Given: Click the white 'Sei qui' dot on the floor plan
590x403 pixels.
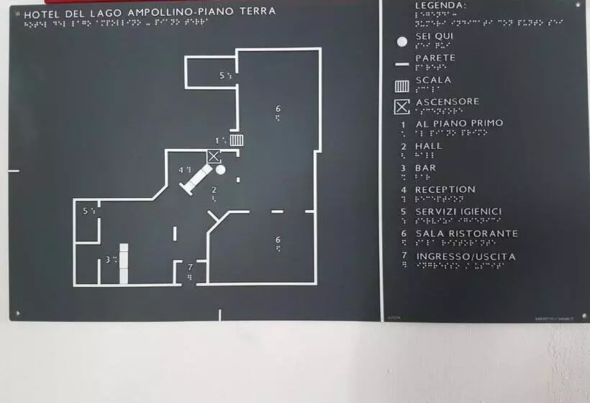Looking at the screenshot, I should tap(221, 170).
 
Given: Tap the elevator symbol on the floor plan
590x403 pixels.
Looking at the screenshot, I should tap(214, 156).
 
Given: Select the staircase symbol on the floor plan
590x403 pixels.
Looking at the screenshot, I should tap(237, 140).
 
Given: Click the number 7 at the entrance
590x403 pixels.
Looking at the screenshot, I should tap(190, 268).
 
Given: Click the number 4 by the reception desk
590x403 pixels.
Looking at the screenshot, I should tap(181, 170).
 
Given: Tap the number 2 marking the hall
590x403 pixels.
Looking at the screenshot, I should tap(214, 190).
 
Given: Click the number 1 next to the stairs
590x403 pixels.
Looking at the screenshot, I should tap(217, 140).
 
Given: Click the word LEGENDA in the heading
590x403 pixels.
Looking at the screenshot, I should tap(440, 5).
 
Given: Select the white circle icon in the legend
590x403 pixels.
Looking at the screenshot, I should tap(402, 41).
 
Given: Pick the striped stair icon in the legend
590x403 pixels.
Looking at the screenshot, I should tap(402, 86).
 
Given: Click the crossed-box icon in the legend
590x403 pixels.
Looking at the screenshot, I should tap(401, 108).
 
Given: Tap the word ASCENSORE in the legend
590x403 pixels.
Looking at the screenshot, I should tap(447, 101).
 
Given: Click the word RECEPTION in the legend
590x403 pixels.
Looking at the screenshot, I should tap(445, 190).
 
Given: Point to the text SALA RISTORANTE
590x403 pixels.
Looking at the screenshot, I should tap(466, 234).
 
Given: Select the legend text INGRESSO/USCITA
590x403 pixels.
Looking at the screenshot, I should tap(466, 256).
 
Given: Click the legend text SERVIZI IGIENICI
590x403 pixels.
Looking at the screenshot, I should tap(458, 212).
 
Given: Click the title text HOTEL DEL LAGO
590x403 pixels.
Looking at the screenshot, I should tap(74, 12).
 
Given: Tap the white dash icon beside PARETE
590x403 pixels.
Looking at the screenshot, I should tap(402, 64).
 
